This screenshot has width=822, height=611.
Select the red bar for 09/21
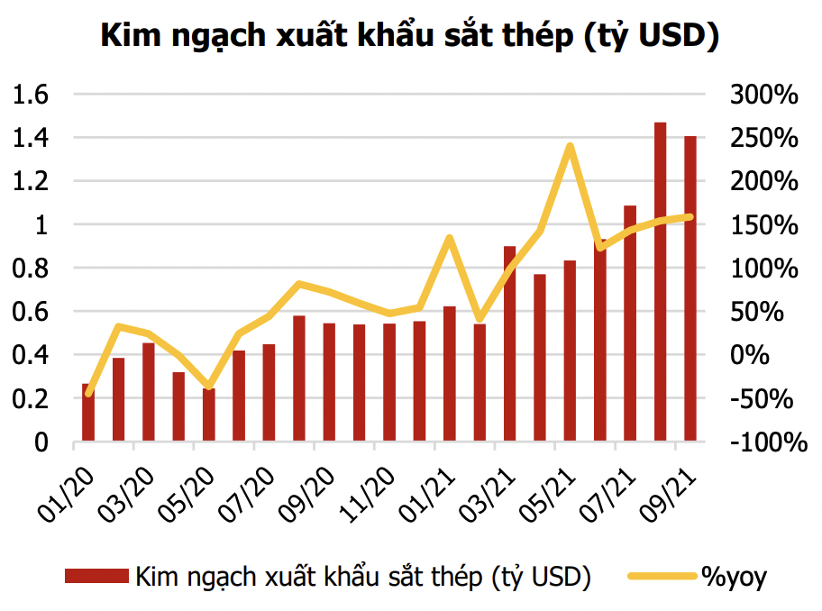[690, 288]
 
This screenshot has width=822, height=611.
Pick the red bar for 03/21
[509, 343]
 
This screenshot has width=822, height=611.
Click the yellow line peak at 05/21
[571, 145]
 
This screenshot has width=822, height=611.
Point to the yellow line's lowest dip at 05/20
[209, 387]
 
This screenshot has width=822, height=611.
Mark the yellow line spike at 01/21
[450, 238]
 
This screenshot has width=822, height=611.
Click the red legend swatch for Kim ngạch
[96, 576]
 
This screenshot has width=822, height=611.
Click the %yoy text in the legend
[734, 576]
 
